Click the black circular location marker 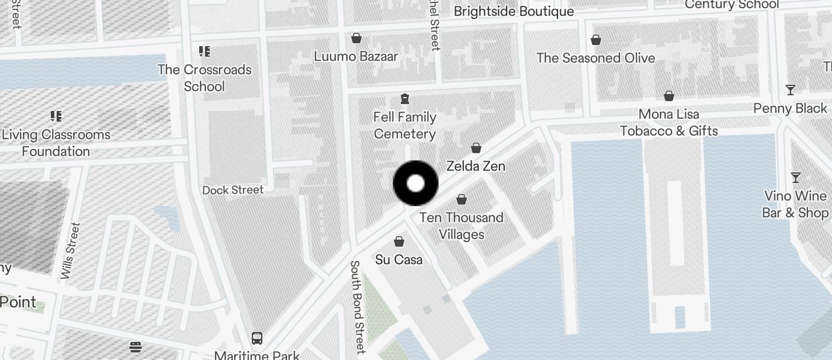pyautogui.click(x=415, y=184)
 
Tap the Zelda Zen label pyautogui.click(x=476, y=166)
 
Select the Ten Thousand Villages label pyautogui.click(x=461, y=226)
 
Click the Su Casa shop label pyautogui.click(x=399, y=259)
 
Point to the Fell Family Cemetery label pyautogui.click(x=405, y=126)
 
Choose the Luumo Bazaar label pyautogui.click(x=356, y=57)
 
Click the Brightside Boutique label pyautogui.click(x=514, y=12)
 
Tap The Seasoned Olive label pyautogui.click(x=595, y=58)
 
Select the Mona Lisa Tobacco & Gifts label pyautogui.click(x=669, y=122)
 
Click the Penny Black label pyautogui.click(x=790, y=109)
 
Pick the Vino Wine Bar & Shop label pyautogui.click(x=795, y=205)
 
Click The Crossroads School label pyautogui.click(x=204, y=78)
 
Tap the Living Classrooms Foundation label pyautogui.click(x=56, y=143)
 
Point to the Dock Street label pyautogui.click(x=233, y=190)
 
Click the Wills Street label pyautogui.click(x=70, y=250)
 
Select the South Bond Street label pyautogui.click(x=358, y=306)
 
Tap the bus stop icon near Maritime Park pyautogui.click(x=256, y=338)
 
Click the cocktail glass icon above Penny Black pyautogui.click(x=791, y=90)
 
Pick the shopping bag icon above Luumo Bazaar pyautogui.click(x=356, y=38)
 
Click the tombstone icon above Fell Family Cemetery pyautogui.click(x=405, y=98)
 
